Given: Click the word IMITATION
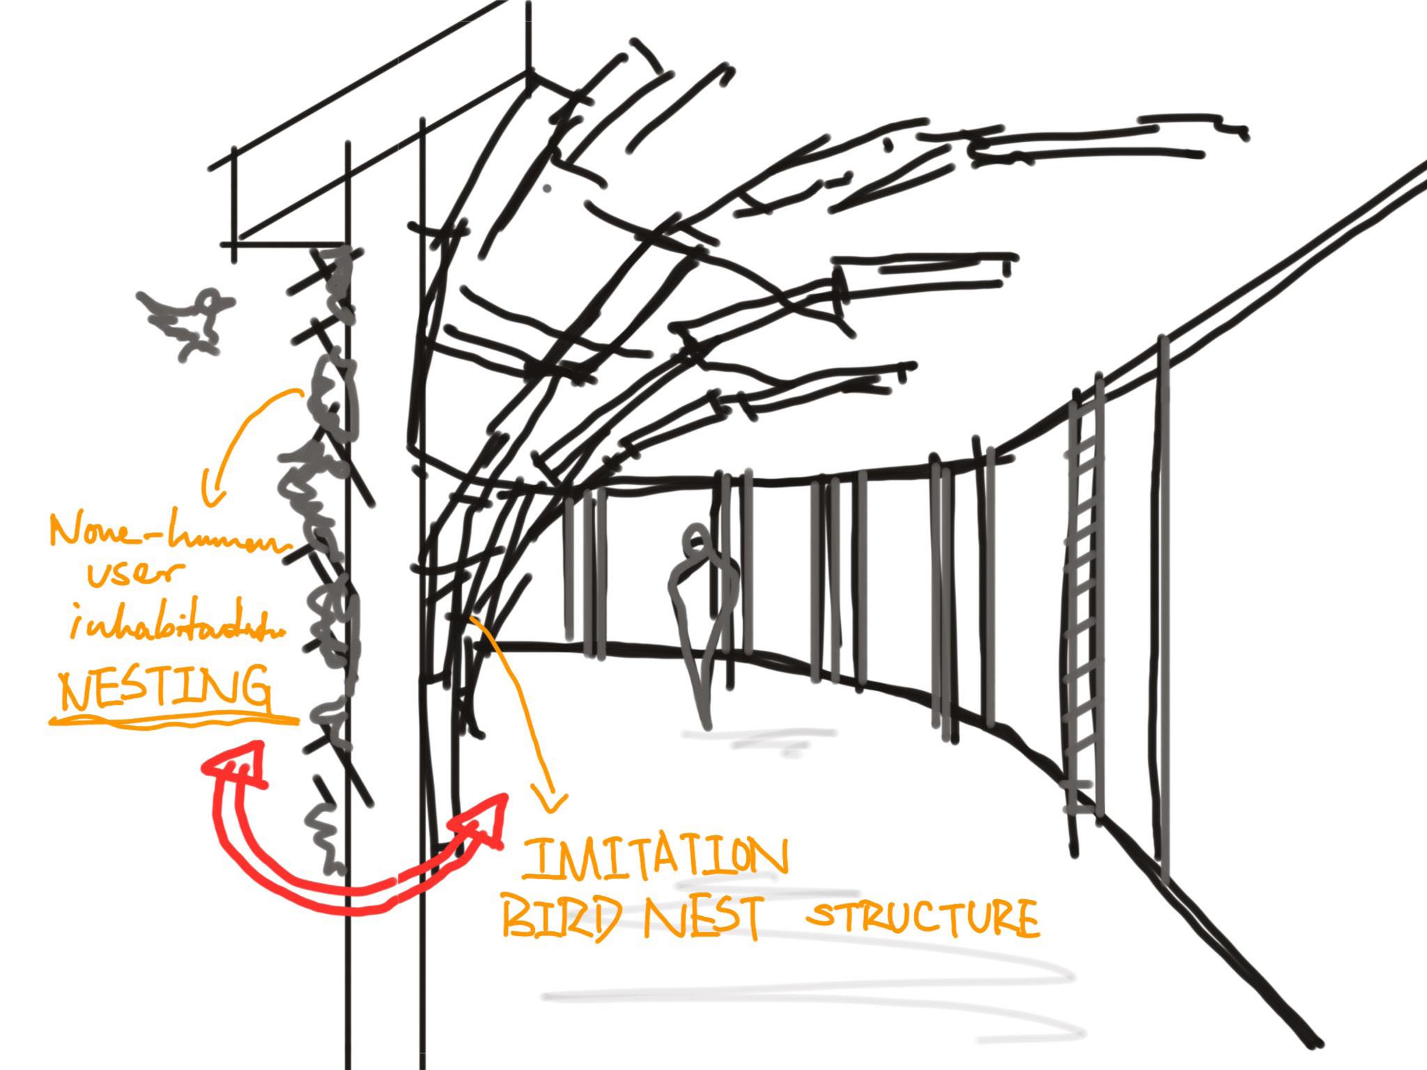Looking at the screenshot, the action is (x=655, y=858).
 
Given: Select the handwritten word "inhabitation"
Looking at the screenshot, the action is (x=174, y=627).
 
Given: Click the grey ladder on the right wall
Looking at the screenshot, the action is (x=1083, y=599).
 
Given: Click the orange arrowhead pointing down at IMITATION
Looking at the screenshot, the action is (x=550, y=801).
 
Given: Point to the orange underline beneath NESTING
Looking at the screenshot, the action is (x=174, y=720).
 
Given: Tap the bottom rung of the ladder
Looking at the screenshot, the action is (x=1081, y=808).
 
